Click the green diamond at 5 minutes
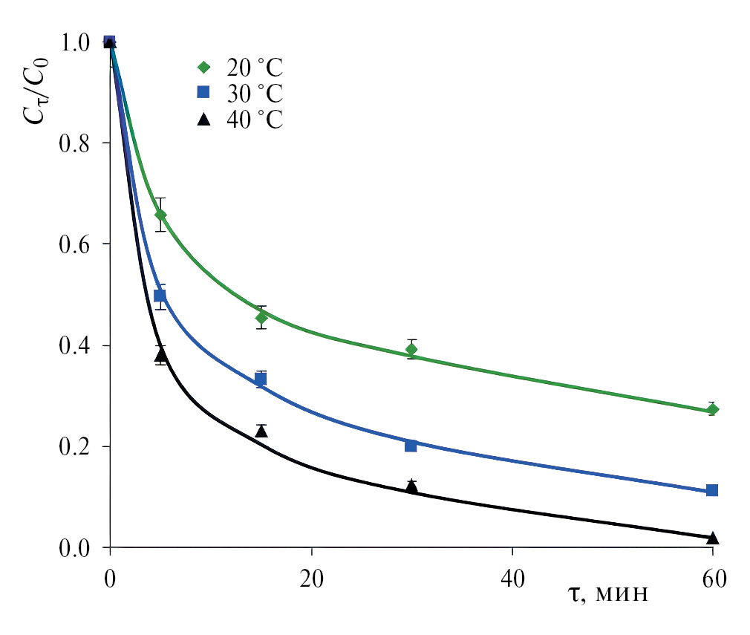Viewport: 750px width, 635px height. point(160,215)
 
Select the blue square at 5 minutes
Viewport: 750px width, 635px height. point(160,296)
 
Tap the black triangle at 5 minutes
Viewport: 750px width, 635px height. point(160,355)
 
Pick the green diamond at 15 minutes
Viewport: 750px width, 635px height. point(261,318)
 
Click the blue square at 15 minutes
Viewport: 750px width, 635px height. point(261,380)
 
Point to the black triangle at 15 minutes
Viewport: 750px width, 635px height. point(261,431)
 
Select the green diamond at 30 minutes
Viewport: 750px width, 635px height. point(411,349)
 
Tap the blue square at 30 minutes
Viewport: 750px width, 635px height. point(411,446)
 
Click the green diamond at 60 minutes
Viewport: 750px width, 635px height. point(713,410)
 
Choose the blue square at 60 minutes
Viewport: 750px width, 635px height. point(713,490)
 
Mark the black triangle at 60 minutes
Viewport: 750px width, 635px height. point(713,538)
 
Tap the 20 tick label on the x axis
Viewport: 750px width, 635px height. point(311,578)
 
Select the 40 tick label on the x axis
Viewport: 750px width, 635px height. point(512,578)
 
